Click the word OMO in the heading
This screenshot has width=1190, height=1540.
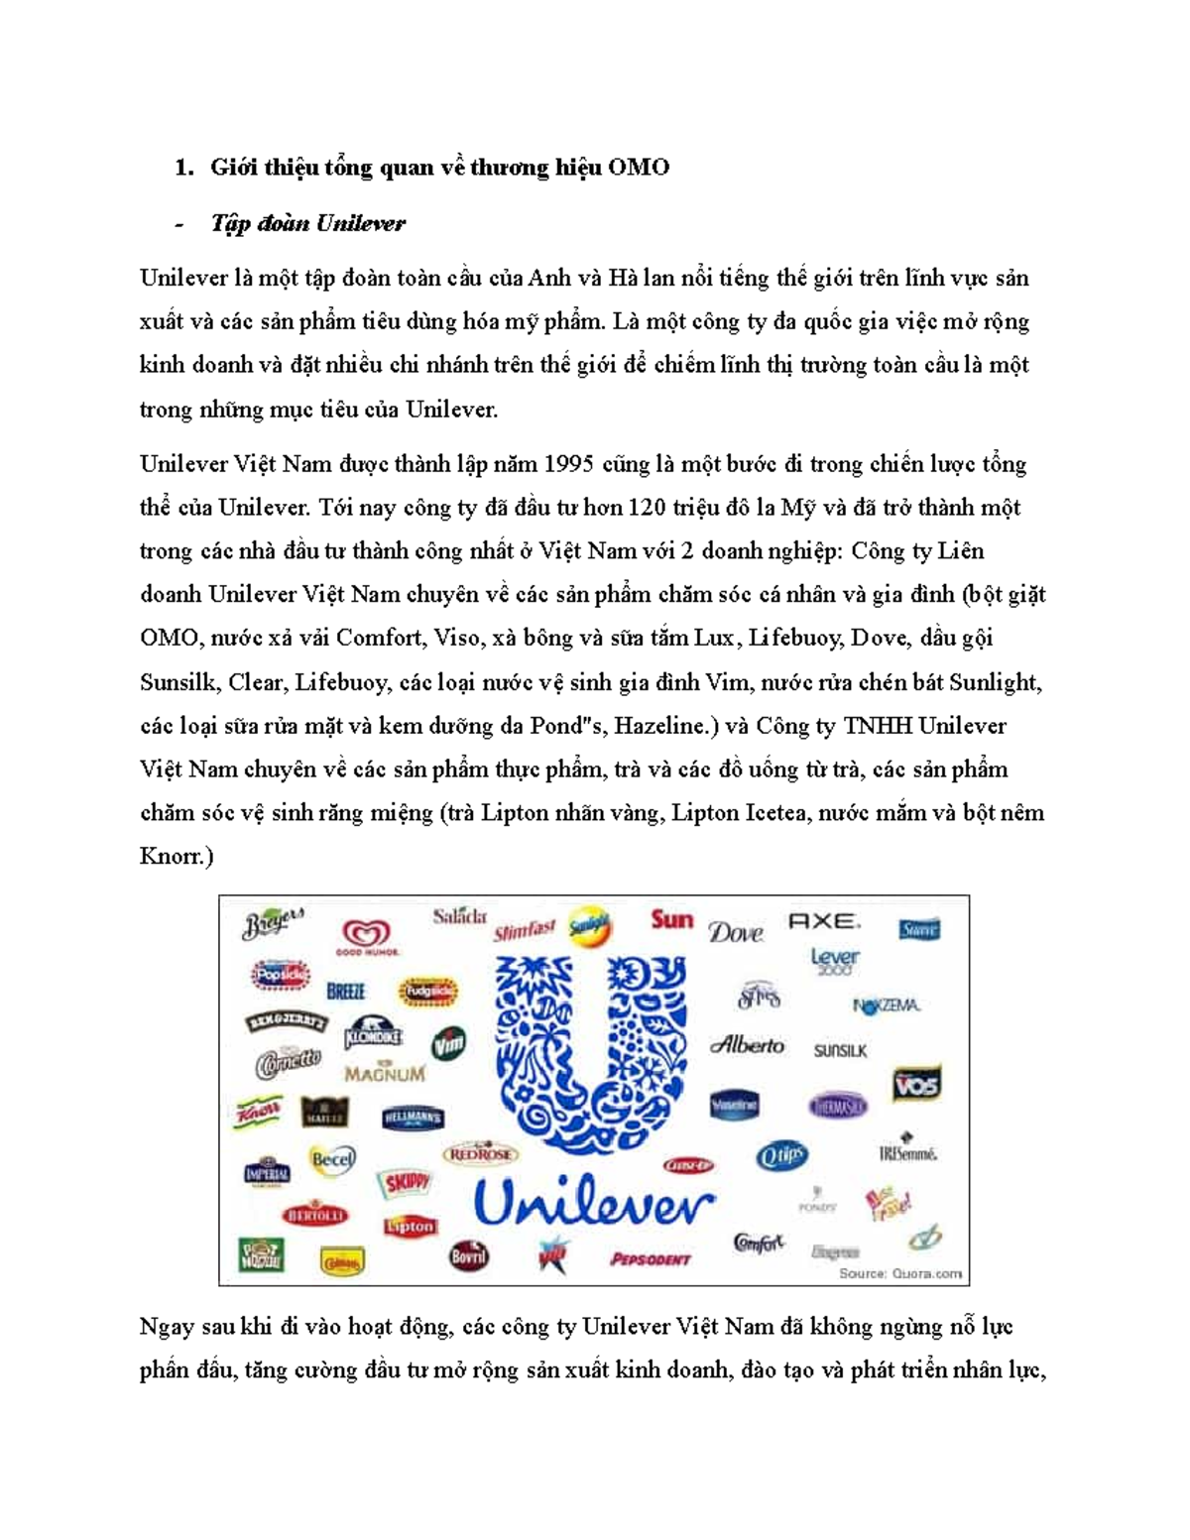click(x=638, y=168)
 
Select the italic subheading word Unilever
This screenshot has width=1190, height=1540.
click(x=360, y=224)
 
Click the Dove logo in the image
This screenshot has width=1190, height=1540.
click(x=736, y=932)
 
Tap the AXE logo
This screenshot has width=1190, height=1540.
click(x=823, y=921)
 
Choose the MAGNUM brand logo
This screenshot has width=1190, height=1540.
click(x=385, y=1073)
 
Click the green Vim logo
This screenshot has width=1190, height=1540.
click(x=448, y=1043)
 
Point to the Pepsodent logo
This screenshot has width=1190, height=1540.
click(x=651, y=1258)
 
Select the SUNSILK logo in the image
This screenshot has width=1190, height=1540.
click(x=840, y=1050)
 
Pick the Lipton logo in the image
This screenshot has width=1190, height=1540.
click(x=410, y=1226)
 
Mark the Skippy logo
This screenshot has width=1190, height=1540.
click(x=407, y=1182)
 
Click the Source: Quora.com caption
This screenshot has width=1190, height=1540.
click(x=900, y=1273)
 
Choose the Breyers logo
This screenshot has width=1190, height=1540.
click(x=272, y=924)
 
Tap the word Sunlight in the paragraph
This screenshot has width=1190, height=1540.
click(x=994, y=682)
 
